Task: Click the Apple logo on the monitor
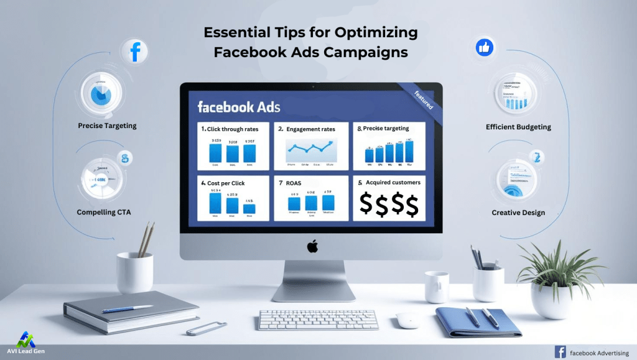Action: coord(312,246)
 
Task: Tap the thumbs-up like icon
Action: coord(484,47)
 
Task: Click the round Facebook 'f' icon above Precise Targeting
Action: coord(134,51)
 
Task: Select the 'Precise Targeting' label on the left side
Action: coord(107,126)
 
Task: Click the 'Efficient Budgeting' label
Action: coord(518,127)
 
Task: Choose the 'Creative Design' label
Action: coord(518,213)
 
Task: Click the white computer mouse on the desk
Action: coord(407,320)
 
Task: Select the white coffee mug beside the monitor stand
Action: coord(437,287)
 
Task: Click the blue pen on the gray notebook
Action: coord(128,308)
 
